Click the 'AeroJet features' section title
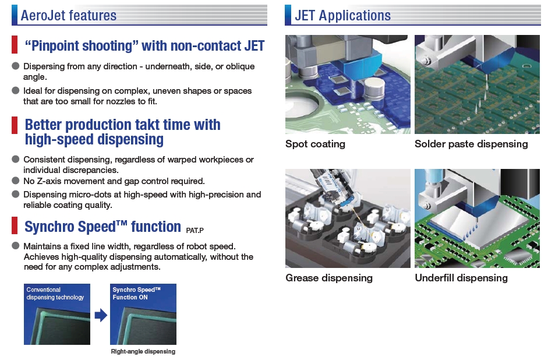pyautogui.click(x=69, y=15)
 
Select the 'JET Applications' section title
pyautogui.click(x=342, y=15)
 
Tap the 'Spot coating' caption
pyautogui.click(x=315, y=144)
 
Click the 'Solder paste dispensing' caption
pyautogui.click(x=471, y=144)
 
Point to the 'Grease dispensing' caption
pyautogui.click(x=329, y=278)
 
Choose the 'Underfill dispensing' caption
pyautogui.click(x=461, y=278)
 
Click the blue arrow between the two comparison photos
pyautogui.click(x=101, y=315)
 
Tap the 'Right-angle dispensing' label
pyautogui.click(x=143, y=351)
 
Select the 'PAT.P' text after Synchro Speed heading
pyautogui.click(x=195, y=230)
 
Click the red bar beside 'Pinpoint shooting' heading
pyautogui.click(x=15, y=45)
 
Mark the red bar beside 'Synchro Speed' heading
pyautogui.click(x=15, y=225)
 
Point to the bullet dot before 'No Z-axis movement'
pyautogui.click(x=15, y=181)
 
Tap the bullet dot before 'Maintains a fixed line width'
pyautogui.click(x=15, y=246)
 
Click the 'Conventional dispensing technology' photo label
pyautogui.click(x=55, y=294)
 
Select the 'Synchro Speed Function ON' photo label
pyautogui.click(x=136, y=294)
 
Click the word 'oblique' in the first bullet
pyautogui.click(x=240, y=66)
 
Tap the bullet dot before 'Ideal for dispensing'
pyautogui.click(x=15, y=90)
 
